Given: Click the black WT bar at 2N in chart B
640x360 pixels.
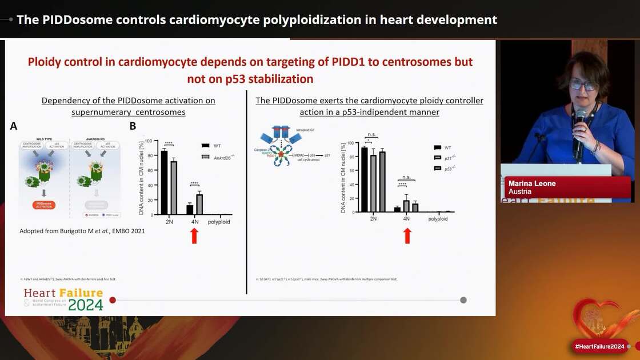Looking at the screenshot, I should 164,182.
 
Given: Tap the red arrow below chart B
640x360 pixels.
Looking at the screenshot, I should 194,235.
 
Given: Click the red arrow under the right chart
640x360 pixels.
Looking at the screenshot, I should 407,235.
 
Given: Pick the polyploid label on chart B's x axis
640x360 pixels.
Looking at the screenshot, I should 219,222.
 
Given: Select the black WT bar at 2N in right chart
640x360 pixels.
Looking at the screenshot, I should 364,179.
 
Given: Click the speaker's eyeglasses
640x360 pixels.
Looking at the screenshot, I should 582,85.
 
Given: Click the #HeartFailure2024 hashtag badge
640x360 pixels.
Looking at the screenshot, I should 599,346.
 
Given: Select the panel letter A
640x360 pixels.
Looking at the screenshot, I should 14,126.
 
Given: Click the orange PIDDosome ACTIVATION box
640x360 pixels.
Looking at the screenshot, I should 42,205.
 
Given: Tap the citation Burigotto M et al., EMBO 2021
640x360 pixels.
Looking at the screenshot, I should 82,231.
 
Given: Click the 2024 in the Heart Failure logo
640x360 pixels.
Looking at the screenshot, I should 86,305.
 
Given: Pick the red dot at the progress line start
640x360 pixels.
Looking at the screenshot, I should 113,300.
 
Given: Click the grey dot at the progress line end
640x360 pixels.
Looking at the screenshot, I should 463,300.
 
